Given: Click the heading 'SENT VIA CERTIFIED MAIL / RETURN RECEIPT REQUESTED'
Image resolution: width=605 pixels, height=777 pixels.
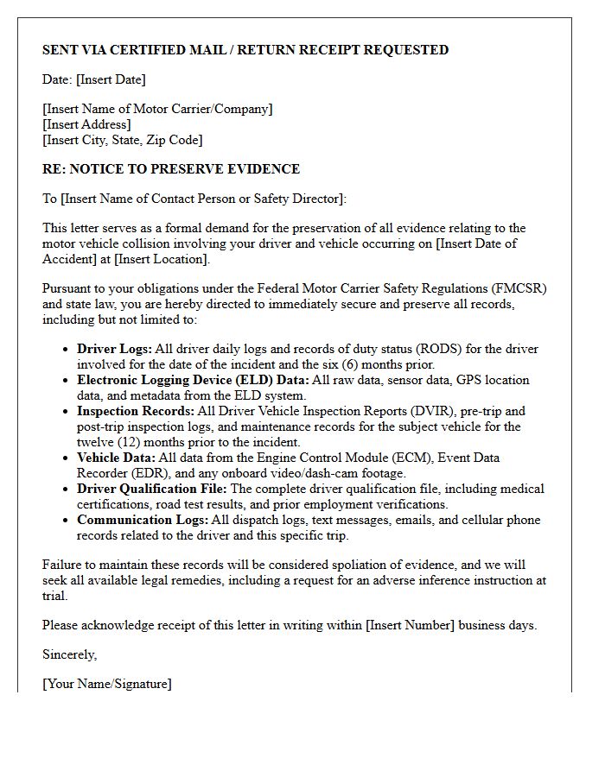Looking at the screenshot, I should [245, 50].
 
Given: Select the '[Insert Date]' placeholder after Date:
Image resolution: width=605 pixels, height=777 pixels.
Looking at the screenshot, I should [111, 79].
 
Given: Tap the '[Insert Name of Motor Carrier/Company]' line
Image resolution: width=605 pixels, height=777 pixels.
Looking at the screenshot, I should [157, 109].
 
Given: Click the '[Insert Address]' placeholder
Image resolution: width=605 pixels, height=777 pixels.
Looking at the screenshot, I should [86, 124].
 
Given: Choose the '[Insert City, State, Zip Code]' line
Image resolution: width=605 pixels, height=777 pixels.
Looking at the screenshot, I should [122, 140].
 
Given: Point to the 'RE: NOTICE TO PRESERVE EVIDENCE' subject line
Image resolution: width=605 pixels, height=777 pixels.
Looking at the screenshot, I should [171, 169].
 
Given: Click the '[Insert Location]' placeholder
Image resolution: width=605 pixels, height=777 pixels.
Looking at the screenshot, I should [161, 259].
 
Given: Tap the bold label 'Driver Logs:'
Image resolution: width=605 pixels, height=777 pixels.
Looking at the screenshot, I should [114, 350].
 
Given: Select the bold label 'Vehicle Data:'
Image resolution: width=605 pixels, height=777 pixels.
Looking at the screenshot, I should [117, 458].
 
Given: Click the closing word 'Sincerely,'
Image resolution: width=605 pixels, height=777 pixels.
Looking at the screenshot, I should [70, 654].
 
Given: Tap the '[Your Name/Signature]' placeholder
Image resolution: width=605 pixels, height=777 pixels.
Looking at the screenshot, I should [107, 684].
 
